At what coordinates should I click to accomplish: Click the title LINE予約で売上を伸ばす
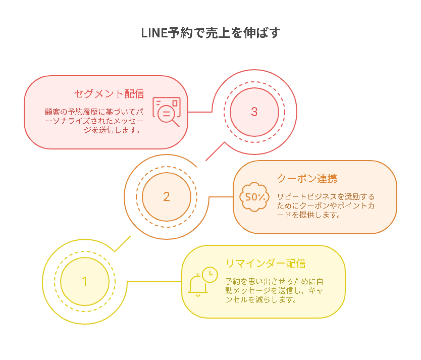pos(211,33)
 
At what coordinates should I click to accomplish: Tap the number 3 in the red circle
pos(254,112)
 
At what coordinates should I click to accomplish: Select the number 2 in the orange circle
pos(167,196)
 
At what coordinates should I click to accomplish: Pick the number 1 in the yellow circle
pos(85,281)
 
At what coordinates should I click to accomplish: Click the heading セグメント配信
pos(109,94)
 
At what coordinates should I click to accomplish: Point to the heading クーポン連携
pos(307,179)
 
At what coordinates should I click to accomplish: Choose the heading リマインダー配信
pos(266,264)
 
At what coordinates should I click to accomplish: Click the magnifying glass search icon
pos(167,112)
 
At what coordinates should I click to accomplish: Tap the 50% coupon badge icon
pos(254,197)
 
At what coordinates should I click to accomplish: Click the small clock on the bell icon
pos(209,274)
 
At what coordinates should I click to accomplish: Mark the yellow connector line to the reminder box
pos(154,282)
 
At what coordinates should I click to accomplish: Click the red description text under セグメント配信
pos(94,121)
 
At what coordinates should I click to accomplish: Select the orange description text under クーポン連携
pos(326,205)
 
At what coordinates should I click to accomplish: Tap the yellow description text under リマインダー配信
pos(275,290)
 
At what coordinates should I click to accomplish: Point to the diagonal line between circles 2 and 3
pos(215,151)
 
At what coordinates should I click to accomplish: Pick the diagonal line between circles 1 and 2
pos(123,244)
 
